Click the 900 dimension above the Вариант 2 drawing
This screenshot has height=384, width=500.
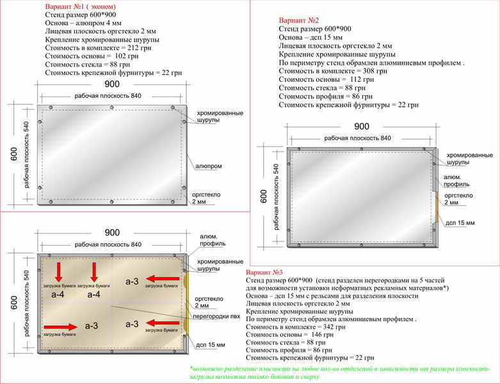point(362,126)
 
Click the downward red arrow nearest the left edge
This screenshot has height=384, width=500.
point(58,271)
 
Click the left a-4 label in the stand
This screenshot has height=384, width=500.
point(58,294)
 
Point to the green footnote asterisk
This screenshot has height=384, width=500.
point(191,369)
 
